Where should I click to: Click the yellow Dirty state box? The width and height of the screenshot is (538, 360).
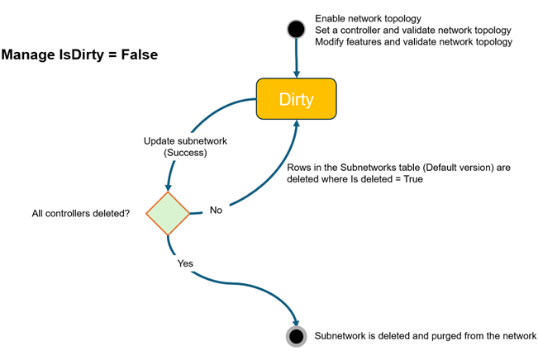[x=296, y=99]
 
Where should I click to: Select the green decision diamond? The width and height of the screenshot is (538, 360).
[x=168, y=213]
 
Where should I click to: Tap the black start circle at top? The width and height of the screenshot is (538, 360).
[x=295, y=31]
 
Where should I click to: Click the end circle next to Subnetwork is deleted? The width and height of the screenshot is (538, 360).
[x=296, y=336]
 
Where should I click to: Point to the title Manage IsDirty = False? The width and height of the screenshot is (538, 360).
[x=79, y=55]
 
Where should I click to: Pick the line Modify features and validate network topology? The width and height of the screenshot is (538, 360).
[x=413, y=42]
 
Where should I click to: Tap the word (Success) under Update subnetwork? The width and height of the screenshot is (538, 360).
[x=184, y=153]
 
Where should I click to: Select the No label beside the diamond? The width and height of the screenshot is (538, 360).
[x=216, y=211]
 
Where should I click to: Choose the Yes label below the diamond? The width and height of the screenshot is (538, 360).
[x=186, y=264]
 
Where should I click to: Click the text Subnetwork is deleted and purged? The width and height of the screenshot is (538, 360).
[x=426, y=336]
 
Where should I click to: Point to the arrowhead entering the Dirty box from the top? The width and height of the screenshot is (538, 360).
[x=296, y=73]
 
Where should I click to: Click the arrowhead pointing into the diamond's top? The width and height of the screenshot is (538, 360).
[x=169, y=187]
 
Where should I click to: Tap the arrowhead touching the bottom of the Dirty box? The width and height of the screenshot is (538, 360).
[x=296, y=125]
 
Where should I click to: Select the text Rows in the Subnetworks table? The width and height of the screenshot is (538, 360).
[x=355, y=168]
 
